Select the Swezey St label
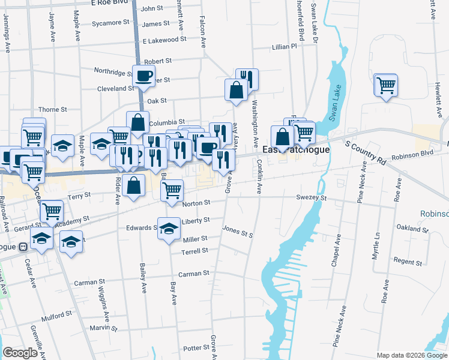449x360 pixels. (x=310, y=197)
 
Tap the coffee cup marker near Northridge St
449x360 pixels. (x=143, y=76)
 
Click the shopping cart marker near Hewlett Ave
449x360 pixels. (x=386, y=85)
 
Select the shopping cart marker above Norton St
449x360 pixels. (x=172, y=190)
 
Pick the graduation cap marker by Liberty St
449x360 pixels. (x=169, y=227)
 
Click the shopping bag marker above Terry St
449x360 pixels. (x=135, y=185)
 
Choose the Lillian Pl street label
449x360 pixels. (x=284, y=46)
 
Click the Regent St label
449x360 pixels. (x=408, y=261)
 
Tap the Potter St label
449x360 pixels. (x=196, y=348)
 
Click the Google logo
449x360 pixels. (x=20, y=353)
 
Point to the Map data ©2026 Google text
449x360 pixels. (x=411, y=355)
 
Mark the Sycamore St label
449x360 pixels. (x=111, y=23)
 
